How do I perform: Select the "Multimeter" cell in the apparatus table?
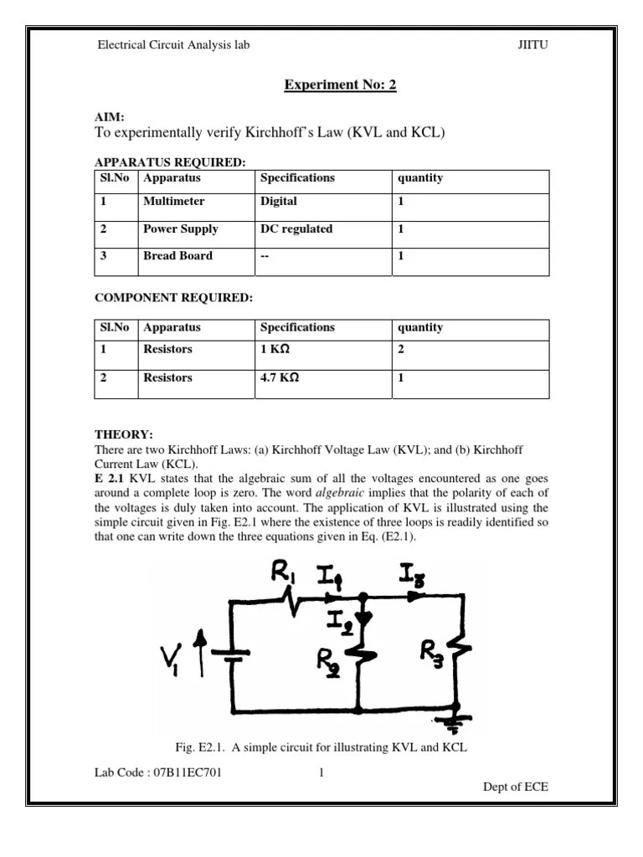click(173, 202)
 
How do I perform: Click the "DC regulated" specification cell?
click(296, 228)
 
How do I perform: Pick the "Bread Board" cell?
click(177, 256)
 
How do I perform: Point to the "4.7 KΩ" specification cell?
click(280, 377)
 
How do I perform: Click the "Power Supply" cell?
click(181, 228)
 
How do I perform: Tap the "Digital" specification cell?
click(279, 202)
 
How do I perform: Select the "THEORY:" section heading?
click(124, 435)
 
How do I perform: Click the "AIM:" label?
click(111, 119)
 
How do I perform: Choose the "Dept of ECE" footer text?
click(517, 787)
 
